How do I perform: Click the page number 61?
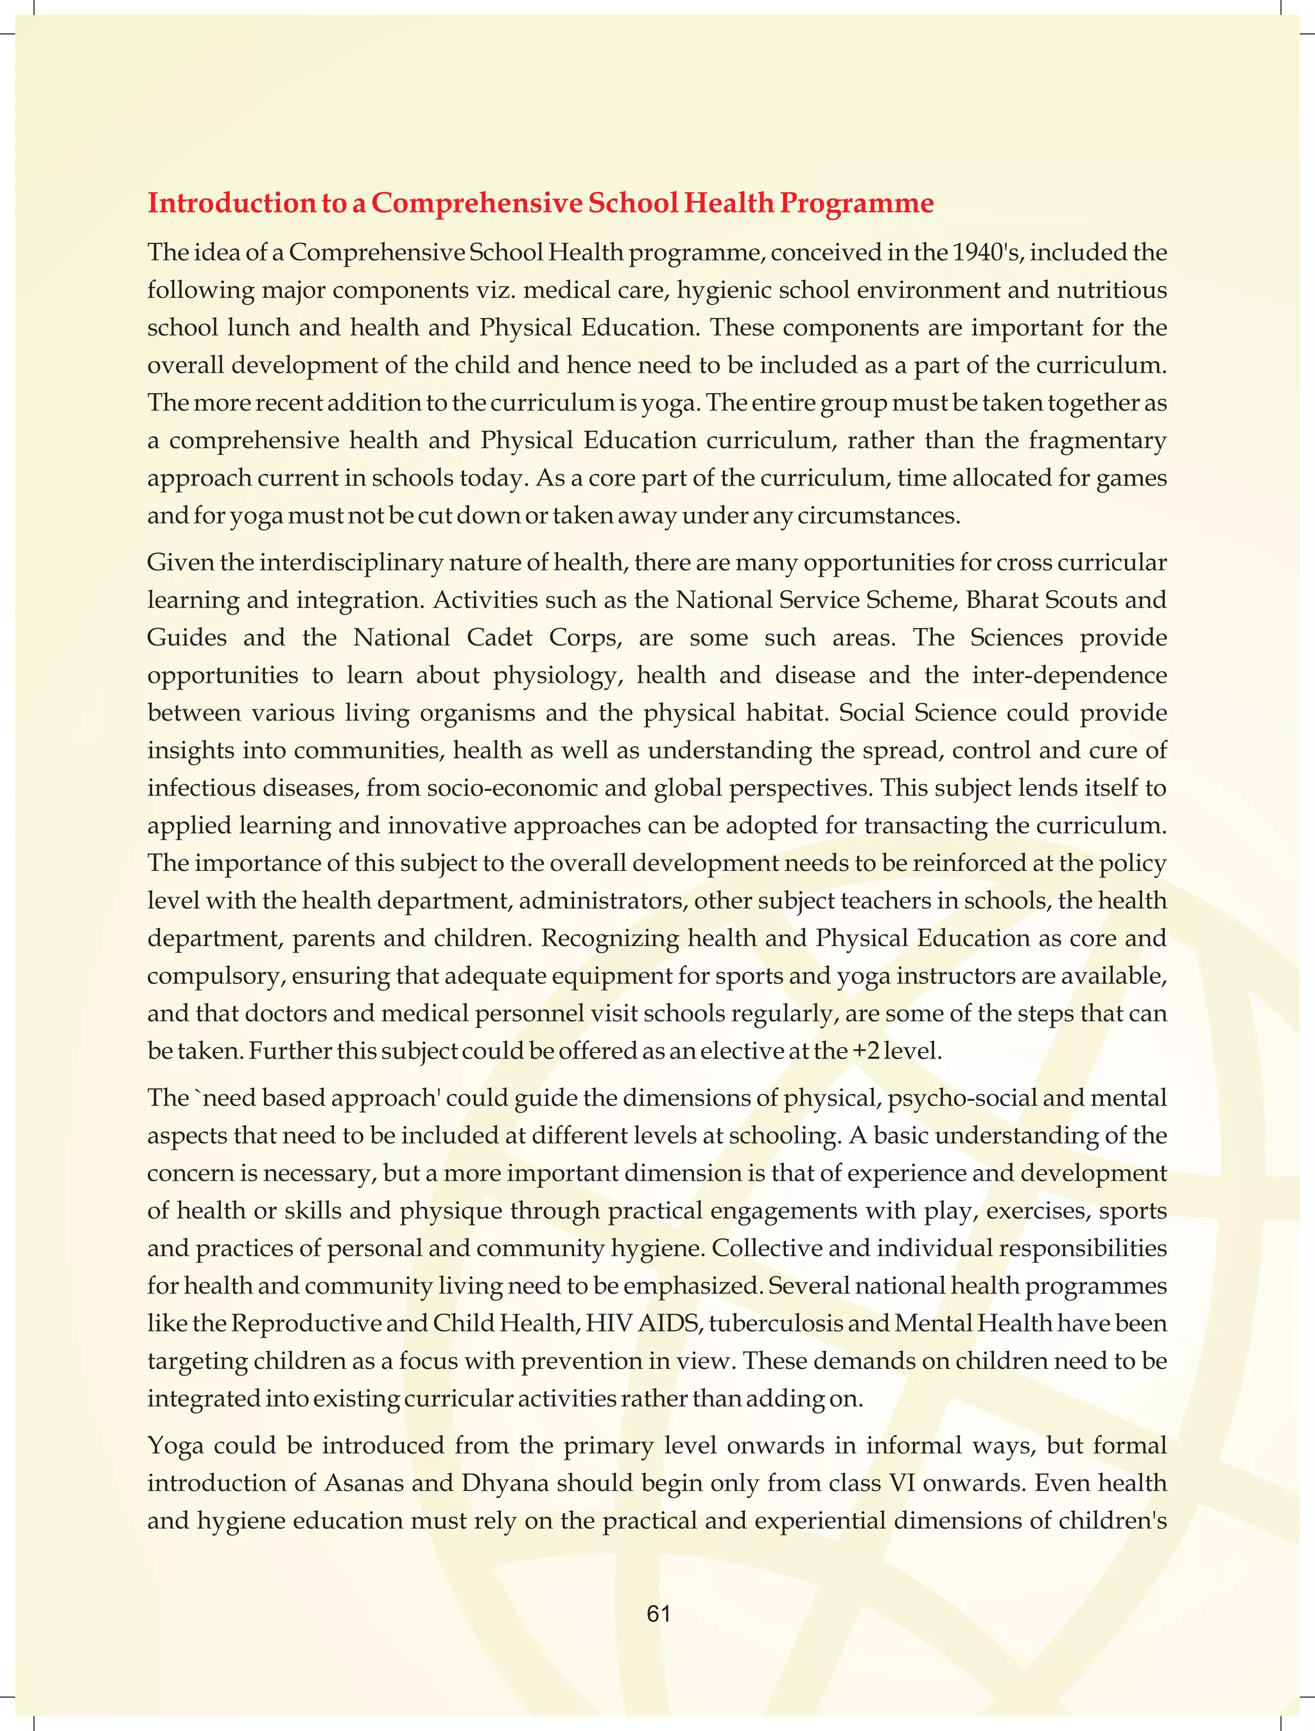tap(658, 1613)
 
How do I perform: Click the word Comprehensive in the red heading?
tap(476, 203)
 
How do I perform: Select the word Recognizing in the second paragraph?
tap(609, 938)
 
